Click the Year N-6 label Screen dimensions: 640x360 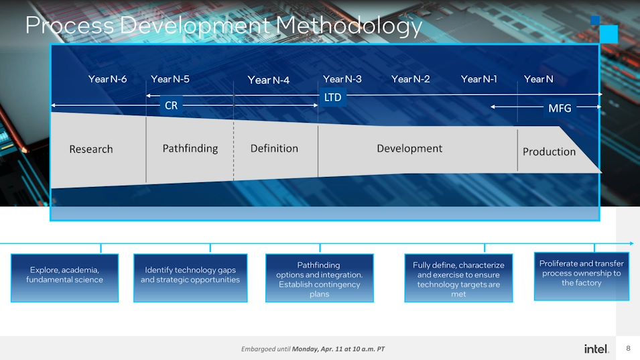click(107, 79)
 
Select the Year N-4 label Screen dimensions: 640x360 click(269, 80)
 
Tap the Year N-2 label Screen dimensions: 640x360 click(411, 79)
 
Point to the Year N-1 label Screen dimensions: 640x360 click(479, 79)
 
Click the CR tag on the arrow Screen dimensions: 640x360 click(172, 105)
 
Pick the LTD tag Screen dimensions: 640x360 click(332, 97)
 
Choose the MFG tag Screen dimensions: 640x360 click(560, 108)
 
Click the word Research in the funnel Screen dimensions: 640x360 click(91, 149)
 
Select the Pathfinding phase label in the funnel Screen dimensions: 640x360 click(190, 149)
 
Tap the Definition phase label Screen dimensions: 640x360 click(274, 149)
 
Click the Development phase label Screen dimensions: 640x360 click(409, 149)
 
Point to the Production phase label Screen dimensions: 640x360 click(549, 152)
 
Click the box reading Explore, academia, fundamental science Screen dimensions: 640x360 click(64, 278)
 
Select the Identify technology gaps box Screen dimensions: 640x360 click(190, 278)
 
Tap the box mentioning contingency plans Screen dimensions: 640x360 click(320, 278)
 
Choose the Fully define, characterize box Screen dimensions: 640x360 click(458, 278)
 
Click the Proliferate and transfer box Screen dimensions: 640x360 click(582, 276)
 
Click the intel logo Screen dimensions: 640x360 click(596, 349)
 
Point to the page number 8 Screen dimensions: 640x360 click(628, 348)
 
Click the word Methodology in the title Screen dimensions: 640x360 click(349, 25)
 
